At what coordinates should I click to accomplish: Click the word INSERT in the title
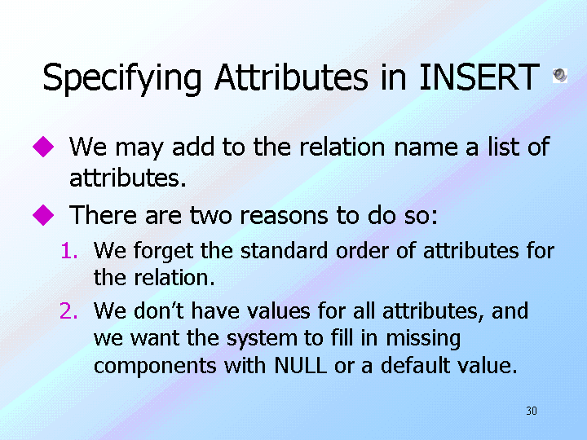pyautogui.click(x=479, y=77)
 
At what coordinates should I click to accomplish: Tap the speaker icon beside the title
pyautogui.click(x=560, y=75)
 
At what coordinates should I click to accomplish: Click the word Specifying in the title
pyautogui.click(x=122, y=79)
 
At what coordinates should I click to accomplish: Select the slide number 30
pyautogui.click(x=532, y=411)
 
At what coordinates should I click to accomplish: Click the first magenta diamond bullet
pyautogui.click(x=43, y=147)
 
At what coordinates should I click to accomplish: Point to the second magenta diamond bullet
pyautogui.click(x=43, y=215)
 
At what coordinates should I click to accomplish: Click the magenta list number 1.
pyautogui.click(x=69, y=251)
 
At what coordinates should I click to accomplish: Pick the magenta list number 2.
pyautogui.click(x=68, y=311)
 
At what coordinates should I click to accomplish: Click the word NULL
pyautogui.click(x=301, y=365)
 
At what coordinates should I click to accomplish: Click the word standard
pyautogui.click(x=285, y=250)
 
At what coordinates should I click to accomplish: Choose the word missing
pyautogui.click(x=423, y=339)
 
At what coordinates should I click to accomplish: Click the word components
pyautogui.click(x=155, y=367)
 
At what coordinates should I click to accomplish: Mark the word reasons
pyautogui.click(x=284, y=216)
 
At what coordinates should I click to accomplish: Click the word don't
pyautogui.click(x=159, y=310)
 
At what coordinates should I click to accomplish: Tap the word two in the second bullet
pyautogui.click(x=211, y=216)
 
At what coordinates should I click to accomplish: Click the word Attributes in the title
pyautogui.click(x=291, y=77)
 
